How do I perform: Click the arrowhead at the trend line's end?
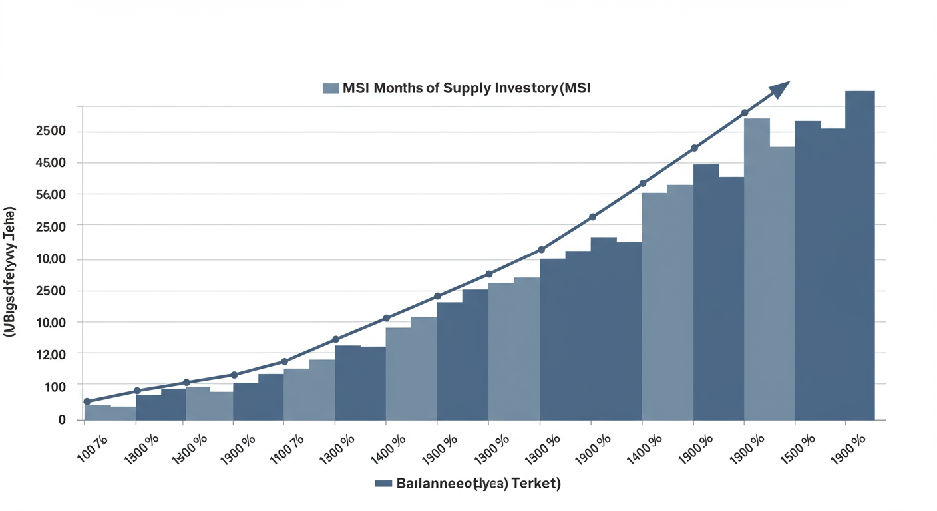pyautogui.click(x=779, y=90)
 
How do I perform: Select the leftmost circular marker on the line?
pyautogui.click(x=87, y=401)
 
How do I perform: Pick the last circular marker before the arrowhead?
pyautogui.click(x=745, y=113)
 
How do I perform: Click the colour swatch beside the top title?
pyautogui.click(x=331, y=88)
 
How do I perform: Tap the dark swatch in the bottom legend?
pyautogui.click(x=383, y=484)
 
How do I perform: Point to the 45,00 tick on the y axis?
pyautogui.click(x=51, y=163)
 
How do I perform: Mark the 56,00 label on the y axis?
pyautogui.click(x=51, y=195)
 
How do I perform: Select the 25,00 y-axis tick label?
pyautogui.click(x=51, y=227)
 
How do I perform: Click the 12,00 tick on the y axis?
pyautogui.click(x=51, y=355)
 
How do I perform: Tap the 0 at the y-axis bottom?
pyautogui.click(x=62, y=419)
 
